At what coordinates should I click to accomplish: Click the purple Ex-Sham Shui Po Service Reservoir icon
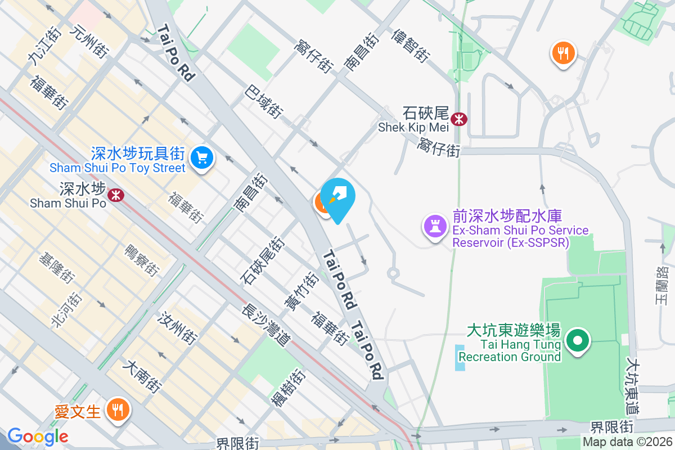tap(434, 227)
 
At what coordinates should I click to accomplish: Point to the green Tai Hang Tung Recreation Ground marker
tap(577, 340)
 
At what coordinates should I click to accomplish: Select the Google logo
tap(38, 436)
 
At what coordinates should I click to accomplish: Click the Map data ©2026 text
tap(627, 442)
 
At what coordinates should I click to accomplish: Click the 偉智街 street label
tap(411, 45)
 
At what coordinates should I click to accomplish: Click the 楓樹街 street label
tap(287, 389)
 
